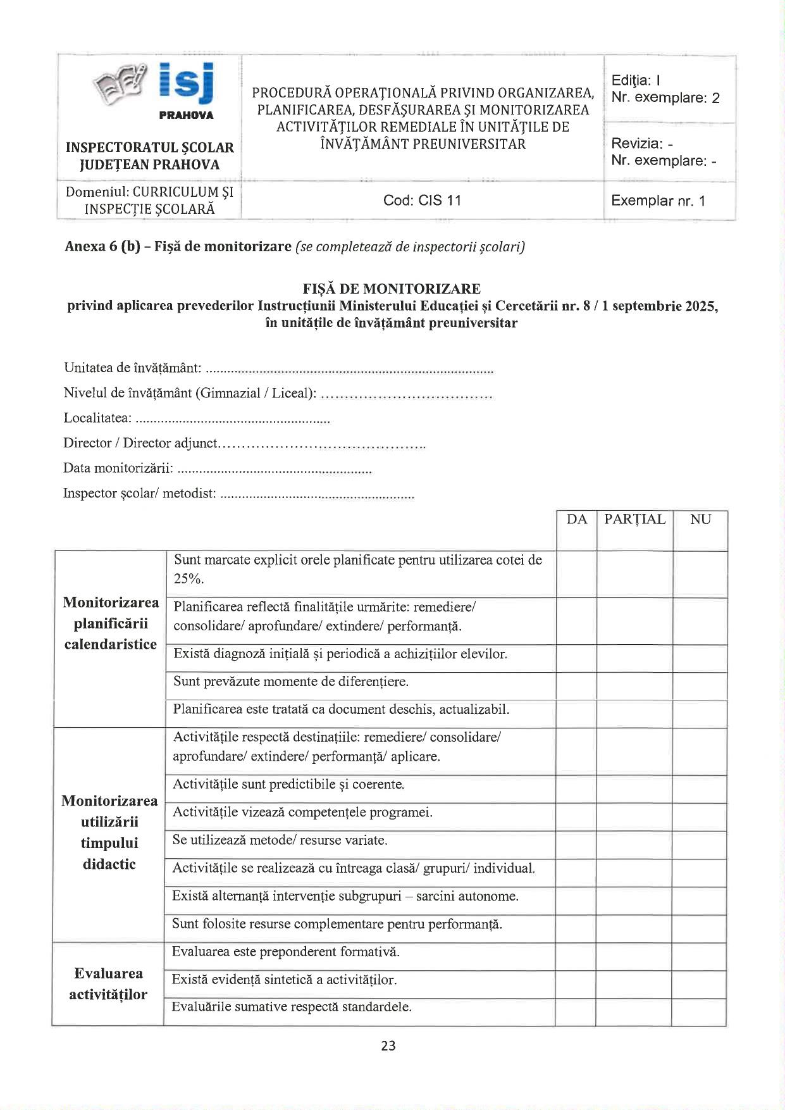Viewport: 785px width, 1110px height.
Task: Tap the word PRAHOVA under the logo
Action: coord(186,115)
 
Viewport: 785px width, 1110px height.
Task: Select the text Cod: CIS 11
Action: coord(422,201)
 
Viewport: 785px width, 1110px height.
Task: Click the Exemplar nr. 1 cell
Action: coord(658,201)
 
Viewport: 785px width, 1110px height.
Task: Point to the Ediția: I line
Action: coord(636,80)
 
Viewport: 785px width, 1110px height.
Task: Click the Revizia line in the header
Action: coord(641,144)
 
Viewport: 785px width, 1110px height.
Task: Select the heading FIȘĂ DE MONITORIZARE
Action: coord(392,289)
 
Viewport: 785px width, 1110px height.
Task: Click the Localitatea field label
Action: coord(97,418)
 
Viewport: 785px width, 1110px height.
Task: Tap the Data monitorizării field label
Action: coord(118,468)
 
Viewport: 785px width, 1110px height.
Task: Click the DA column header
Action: coord(576,520)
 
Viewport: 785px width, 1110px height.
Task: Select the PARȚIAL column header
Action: coord(634,520)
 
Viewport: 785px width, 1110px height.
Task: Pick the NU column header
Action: coord(700,520)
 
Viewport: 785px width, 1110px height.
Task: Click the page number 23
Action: coord(388,1046)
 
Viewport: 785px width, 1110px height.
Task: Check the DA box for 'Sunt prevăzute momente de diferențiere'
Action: coord(576,686)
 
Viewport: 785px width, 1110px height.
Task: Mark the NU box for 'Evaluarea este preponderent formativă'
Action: coord(699,956)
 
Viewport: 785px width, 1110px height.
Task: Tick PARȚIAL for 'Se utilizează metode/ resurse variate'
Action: coord(634,845)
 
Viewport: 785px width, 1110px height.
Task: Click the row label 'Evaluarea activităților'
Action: coord(108,983)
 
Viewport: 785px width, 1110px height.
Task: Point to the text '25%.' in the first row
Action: coord(189,578)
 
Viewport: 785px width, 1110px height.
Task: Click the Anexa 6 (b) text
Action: coord(102,247)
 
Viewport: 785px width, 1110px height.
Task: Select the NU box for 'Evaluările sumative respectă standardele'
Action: coord(699,1012)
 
